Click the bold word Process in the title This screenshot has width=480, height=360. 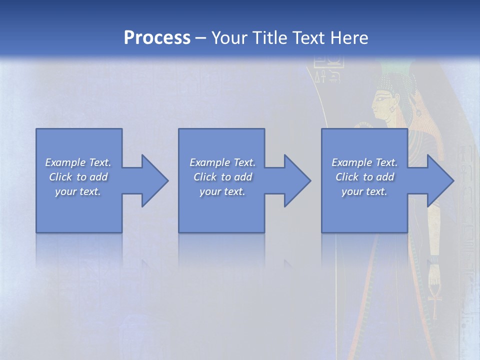pyautogui.click(x=157, y=38)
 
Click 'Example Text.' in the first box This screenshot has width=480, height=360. pyautogui.click(x=78, y=162)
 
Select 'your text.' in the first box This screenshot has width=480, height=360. pyautogui.click(x=78, y=191)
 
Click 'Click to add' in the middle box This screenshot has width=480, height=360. pyautogui.click(x=222, y=177)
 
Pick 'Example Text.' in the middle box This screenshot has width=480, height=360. pyautogui.click(x=222, y=162)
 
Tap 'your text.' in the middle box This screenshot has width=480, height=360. pyautogui.click(x=222, y=191)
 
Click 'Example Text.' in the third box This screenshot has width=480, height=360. pyautogui.click(x=364, y=162)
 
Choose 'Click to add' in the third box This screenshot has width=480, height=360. pyautogui.click(x=364, y=177)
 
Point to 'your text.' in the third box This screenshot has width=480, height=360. pyautogui.click(x=364, y=191)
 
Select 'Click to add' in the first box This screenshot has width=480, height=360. pyautogui.click(x=78, y=177)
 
